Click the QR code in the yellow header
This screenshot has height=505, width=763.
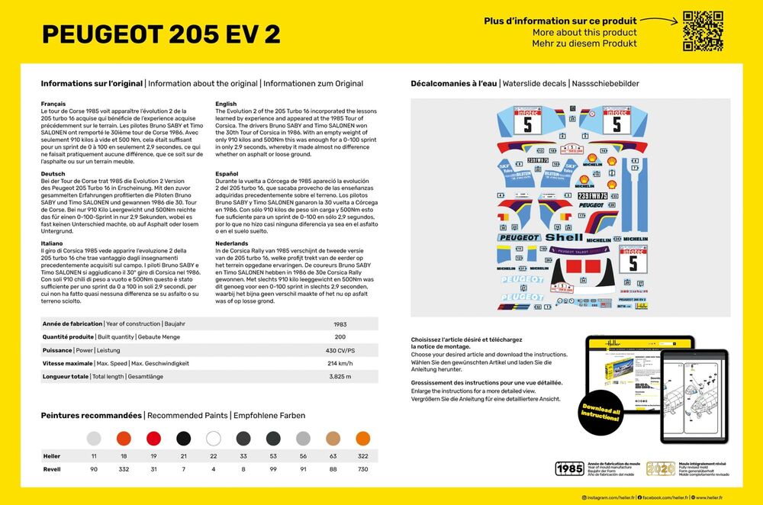(x=702, y=31)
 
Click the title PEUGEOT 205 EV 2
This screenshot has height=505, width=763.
(x=161, y=34)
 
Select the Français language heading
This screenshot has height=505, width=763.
(x=53, y=104)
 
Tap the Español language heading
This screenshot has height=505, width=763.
(x=228, y=174)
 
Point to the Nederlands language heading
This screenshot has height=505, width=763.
(x=232, y=243)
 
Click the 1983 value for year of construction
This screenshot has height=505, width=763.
(x=340, y=323)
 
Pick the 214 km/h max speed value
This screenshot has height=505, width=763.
(x=340, y=363)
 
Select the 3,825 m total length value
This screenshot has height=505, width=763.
(x=340, y=376)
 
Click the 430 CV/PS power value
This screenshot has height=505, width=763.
(x=340, y=350)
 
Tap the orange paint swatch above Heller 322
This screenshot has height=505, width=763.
(x=362, y=439)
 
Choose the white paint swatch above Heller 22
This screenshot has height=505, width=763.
(x=214, y=439)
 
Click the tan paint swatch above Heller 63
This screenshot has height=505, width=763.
(x=333, y=439)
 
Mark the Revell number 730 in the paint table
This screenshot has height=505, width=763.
(x=362, y=469)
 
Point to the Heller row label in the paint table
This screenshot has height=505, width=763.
(x=52, y=455)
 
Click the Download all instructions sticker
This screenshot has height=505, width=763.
(x=601, y=416)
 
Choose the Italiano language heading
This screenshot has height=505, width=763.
(x=53, y=243)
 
